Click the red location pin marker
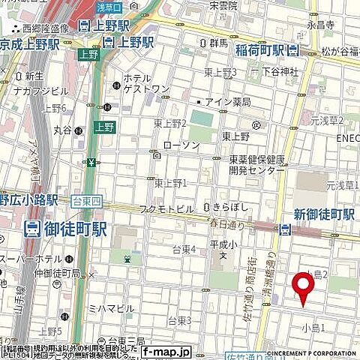303,287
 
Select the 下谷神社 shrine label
280,71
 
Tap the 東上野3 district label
220,73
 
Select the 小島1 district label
313,328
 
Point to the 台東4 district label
184,249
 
